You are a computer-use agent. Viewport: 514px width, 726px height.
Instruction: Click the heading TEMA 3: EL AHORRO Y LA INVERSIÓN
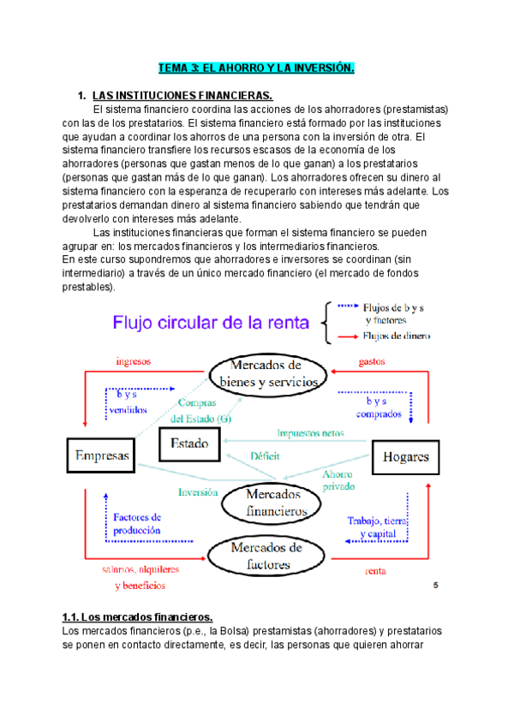pyautogui.click(x=257, y=68)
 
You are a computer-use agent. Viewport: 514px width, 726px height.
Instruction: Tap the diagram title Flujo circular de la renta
pyautogui.click(x=211, y=324)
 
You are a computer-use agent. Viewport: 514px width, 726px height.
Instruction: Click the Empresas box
pyautogui.click(x=101, y=456)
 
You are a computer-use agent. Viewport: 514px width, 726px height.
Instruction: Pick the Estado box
pyautogui.click(x=189, y=443)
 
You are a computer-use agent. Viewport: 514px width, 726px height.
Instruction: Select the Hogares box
pyautogui.click(x=406, y=456)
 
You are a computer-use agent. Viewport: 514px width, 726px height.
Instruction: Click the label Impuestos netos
pyautogui.click(x=309, y=433)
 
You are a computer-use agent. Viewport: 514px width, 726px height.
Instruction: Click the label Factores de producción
pyautogui.click(x=137, y=523)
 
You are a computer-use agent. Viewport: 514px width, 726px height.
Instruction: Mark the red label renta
pyautogui.click(x=375, y=570)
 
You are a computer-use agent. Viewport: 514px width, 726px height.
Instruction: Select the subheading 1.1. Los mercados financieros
pyautogui.click(x=137, y=616)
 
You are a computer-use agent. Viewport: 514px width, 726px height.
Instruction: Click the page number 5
pyautogui.click(x=436, y=586)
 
